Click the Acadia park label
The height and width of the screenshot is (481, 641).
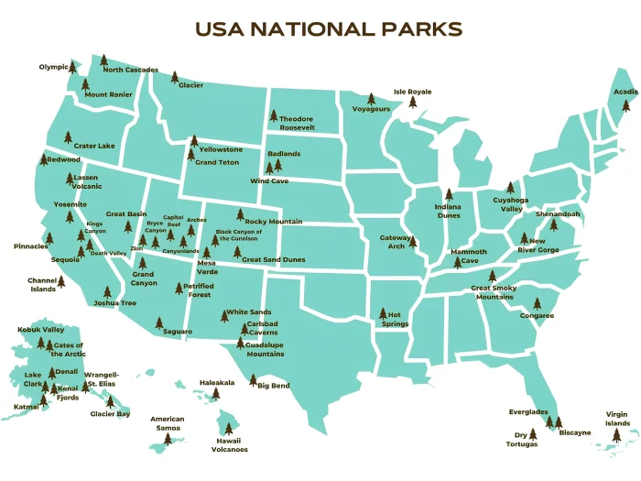click(x=625, y=92)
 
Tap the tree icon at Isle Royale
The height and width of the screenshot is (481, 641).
click(x=412, y=103)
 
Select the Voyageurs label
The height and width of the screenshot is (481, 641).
click(x=371, y=109)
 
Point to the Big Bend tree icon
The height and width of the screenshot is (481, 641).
click(x=253, y=379)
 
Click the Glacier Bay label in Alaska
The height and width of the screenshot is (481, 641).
click(x=110, y=414)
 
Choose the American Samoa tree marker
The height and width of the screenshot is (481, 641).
click(x=167, y=439)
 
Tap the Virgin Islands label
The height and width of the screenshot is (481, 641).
click(x=618, y=419)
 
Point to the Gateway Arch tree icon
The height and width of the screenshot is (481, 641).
click(x=412, y=243)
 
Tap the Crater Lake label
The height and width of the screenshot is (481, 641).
click(x=94, y=146)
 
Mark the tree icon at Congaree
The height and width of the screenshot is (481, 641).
click(x=537, y=302)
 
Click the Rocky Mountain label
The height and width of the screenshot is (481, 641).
click(x=273, y=222)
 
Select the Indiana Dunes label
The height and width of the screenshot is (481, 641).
click(x=448, y=212)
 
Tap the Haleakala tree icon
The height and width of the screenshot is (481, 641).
click(x=216, y=394)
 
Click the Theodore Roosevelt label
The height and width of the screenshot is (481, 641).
click(x=297, y=124)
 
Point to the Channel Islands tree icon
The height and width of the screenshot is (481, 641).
click(x=61, y=281)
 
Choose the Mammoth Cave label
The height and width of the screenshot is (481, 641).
click(x=469, y=256)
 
